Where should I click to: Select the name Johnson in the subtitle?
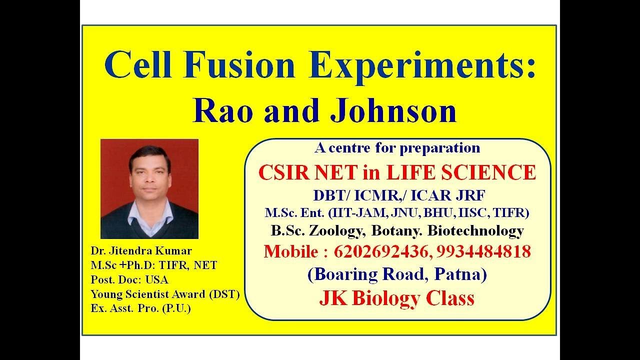[394, 111]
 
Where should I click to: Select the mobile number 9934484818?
[483, 251]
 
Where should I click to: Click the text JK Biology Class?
[396, 298]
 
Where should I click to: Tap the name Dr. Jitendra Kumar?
[141, 251]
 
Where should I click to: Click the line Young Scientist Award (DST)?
[165, 294]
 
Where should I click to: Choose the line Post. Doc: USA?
[129, 279]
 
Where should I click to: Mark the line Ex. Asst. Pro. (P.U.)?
[140, 308]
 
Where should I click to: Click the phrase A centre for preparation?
[397, 148]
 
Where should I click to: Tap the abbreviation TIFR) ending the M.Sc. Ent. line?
[511, 212]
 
